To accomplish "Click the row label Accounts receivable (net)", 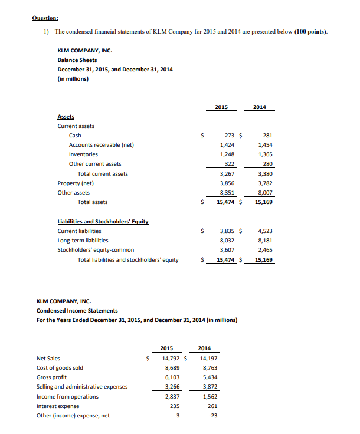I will pyautogui.click(x=102, y=144).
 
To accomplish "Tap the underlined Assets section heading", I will pyautogui.click(x=66, y=117).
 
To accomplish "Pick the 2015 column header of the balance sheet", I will pyautogui.click(x=222, y=107).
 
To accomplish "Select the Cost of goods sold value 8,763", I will pyautogui.click(x=208, y=367).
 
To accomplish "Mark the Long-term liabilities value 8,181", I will pyautogui.click(x=265, y=241).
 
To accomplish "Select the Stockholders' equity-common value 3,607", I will pyautogui.click(x=227, y=250).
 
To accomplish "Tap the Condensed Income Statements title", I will pyautogui.click(x=77, y=310).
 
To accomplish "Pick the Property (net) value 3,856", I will pyautogui.click(x=227, y=183).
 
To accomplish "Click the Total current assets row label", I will pyautogui.click(x=103, y=173).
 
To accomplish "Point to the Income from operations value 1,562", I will pyautogui.click(x=208, y=396).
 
